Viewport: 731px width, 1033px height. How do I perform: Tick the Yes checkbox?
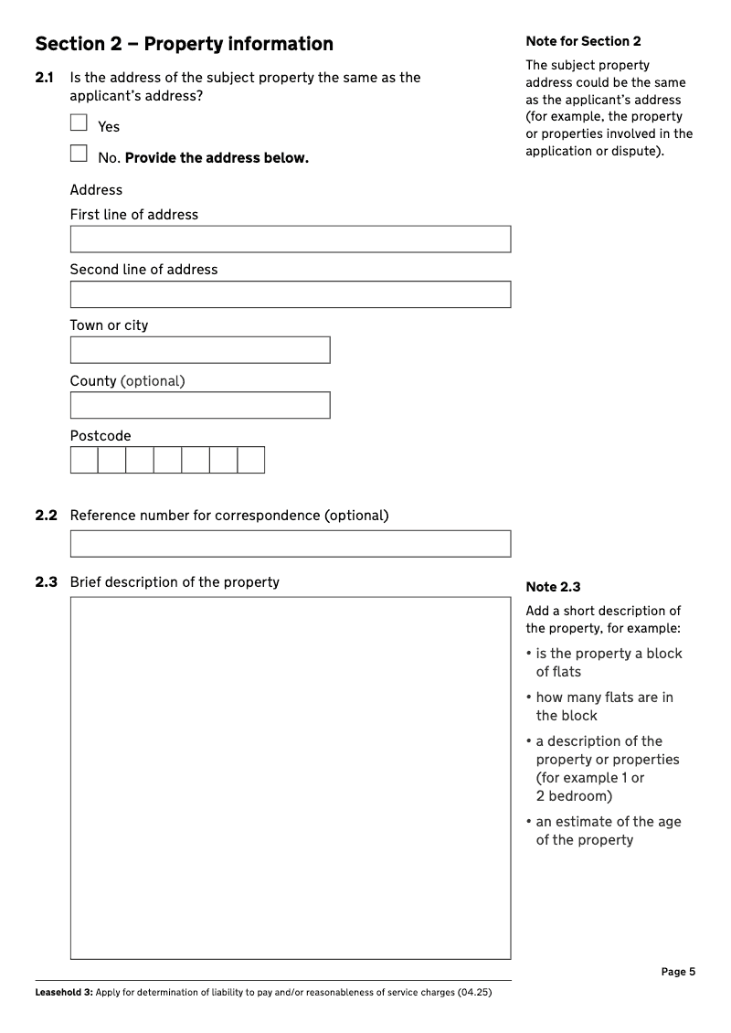coord(79,122)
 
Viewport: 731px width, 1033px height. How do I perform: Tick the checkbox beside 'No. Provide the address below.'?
coord(79,154)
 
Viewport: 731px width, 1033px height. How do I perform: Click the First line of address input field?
coord(290,240)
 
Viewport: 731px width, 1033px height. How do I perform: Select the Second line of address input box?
coord(290,294)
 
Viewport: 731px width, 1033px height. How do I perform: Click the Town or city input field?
coord(199,350)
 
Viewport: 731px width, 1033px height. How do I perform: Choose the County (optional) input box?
coord(199,405)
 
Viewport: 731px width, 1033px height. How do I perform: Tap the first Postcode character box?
coord(84,460)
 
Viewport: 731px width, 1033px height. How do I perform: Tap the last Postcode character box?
coord(250,460)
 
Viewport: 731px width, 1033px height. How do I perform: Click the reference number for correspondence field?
coord(290,544)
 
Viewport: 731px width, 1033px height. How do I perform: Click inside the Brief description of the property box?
coord(290,778)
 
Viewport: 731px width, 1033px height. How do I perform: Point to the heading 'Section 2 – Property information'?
coord(184,44)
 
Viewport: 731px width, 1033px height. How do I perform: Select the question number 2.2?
coord(46,516)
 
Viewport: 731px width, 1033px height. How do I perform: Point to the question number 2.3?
coord(46,582)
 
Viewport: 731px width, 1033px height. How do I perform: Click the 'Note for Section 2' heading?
coord(583,41)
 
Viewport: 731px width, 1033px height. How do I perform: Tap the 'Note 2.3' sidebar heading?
coord(553,587)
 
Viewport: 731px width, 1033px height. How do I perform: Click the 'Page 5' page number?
coord(678,972)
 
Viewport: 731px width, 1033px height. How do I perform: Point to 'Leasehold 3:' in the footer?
coord(63,993)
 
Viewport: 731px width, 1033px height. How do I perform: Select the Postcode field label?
coord(101,436)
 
